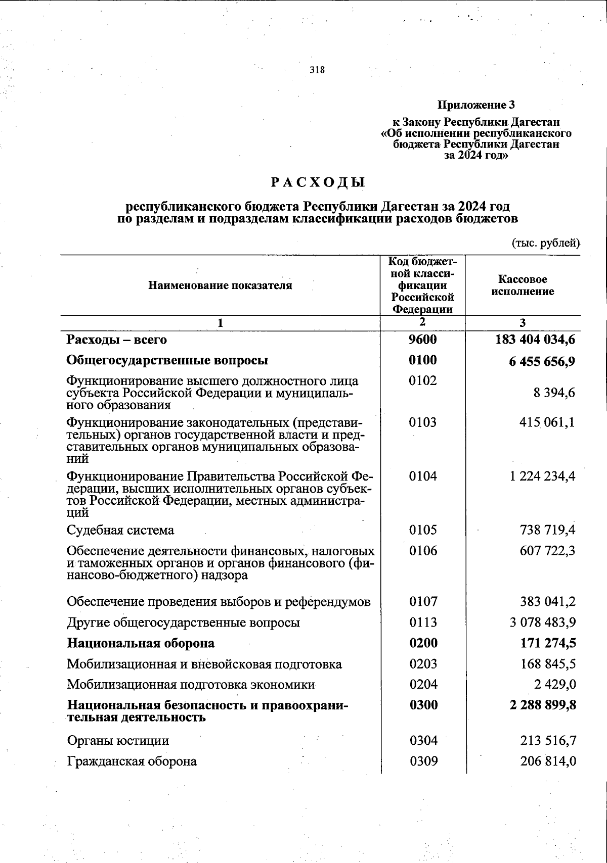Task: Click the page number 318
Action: pyautogui.click(x=317, y=70)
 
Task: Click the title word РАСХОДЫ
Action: pyautogui.click(x=317, y=182)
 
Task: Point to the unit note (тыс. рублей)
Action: pyautogui.click(x=546, y=243)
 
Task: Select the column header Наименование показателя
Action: pyautogui.click(x=220, y=285)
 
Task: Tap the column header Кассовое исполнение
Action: pyautogui.click(x=523, y=285)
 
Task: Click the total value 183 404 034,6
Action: pyautogui.click(x=535, y=340)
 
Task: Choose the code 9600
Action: pyautogui.click(x=422, y=340)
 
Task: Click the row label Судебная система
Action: pyautogui.click(x=120, y=530)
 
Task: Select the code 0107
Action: pyautogui.click(x=423, y=601)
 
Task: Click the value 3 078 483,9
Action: pyautogui.click(x=542, y=622)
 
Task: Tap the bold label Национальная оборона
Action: pyautogui.click(x=141, y=643)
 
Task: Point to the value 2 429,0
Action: pyautogui.click(x=555, y=685)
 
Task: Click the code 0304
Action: pyautogui.click(x=423, y=741)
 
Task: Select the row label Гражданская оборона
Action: pyautogui.click(x=132, y=761)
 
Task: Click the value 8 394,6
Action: pyautogui.click(x=554, y=393)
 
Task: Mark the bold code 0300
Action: pyautogui.click(x=423, y=705)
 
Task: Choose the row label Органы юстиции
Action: pyautogui.click(x=118, y=741)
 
